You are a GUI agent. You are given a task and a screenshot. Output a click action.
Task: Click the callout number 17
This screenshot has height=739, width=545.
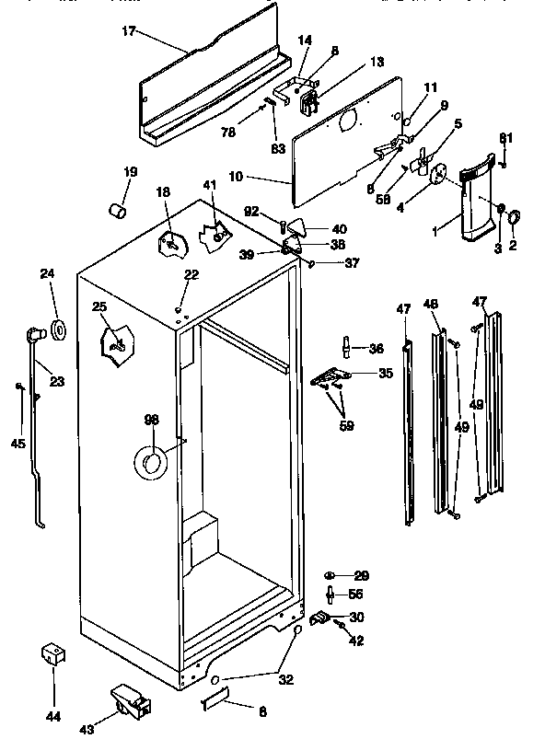[x=128, y=31]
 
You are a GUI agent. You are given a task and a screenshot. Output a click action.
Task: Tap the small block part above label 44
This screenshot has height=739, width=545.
[x=53, y=657]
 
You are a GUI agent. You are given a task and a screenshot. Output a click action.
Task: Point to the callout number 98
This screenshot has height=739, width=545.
[x=151, y=420]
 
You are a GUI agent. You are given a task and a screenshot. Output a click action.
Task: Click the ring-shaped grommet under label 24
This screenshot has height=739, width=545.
[x=58, y=329]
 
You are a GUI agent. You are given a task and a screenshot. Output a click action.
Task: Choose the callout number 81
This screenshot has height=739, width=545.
[x=504, y=139]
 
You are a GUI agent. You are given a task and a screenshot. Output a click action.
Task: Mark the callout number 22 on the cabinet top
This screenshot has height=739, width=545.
[x=191, y=275]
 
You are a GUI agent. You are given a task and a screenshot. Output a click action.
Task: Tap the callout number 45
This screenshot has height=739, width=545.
[x=17, y=443]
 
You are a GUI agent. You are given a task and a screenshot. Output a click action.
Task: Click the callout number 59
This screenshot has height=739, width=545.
[x=345, y=425]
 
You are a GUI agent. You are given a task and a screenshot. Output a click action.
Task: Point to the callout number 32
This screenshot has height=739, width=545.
[x=285, y=680]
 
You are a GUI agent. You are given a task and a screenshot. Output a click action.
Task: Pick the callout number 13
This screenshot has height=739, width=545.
[x=351, y=62]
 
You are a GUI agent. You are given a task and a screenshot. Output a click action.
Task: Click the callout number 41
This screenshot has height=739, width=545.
[x=210, y=186]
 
